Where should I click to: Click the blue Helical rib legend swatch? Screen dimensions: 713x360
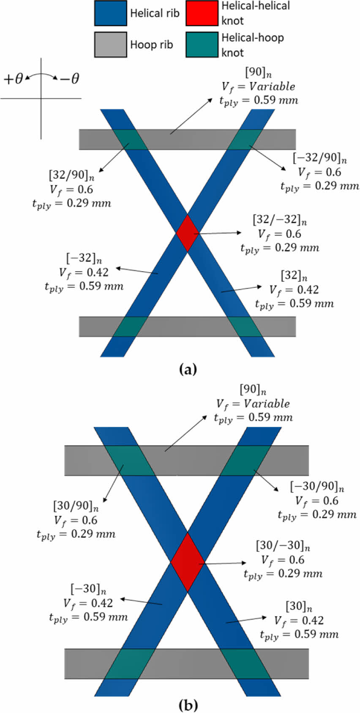(x=110, y=13)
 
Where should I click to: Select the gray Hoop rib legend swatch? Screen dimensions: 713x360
(x=110, y=44)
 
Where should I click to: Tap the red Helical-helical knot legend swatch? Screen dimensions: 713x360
(x=202, y=13)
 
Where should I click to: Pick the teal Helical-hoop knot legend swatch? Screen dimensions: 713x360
(x=202, y=44)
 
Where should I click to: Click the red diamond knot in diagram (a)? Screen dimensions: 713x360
(x=187, y=233)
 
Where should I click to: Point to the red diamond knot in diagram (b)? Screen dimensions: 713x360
(x=187, y=562)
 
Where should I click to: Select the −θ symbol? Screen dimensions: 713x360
(x=69, y=79)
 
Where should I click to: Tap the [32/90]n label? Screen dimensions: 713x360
(x=71, y=175)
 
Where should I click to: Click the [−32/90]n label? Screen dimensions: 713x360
(x=320, y=158)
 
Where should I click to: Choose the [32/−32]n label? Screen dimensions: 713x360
(x=280, y=220)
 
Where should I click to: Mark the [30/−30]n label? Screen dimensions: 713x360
(x=283, y=546)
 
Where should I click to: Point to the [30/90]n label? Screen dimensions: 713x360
(x=76, y=506)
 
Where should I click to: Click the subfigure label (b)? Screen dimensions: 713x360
(x=188, y=705)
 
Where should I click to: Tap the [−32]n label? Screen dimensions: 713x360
(x=84, y=258)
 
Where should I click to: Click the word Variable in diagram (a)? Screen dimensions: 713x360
(x=272, y=87)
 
